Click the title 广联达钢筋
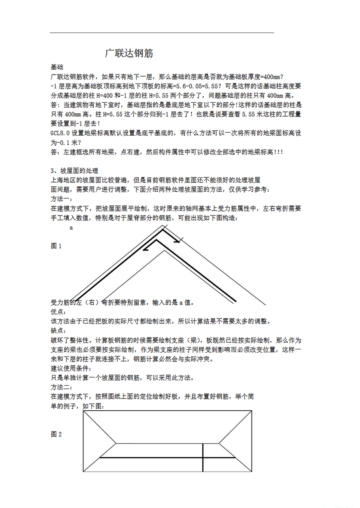pos(129,53)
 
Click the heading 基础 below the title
pos(57,67)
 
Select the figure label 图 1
pos(56,246)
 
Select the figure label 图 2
pos(56,434)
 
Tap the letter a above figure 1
pos(71,228)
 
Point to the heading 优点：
pos(59,312)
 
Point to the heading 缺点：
pos(59,331)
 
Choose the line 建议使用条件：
pos(71,368)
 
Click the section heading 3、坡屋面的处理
pos(74,171)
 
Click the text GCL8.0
pos(60,133)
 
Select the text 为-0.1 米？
pos(66,142)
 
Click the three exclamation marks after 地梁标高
pos(279,152)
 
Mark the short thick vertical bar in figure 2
pos(203,458)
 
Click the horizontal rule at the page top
pos(162,33)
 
